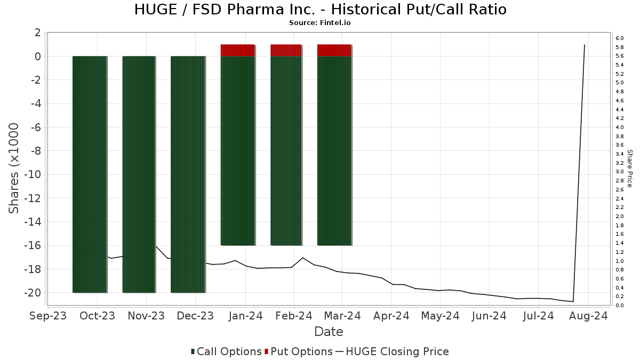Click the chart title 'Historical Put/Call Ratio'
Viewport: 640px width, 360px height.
320,10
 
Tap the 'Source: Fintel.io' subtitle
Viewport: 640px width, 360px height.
320,23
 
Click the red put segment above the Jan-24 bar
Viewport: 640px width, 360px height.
237,50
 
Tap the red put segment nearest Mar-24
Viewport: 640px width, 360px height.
334,50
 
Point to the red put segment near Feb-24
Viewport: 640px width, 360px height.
286,50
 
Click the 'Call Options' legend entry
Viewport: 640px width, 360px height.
226,351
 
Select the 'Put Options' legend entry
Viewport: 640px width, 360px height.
298,351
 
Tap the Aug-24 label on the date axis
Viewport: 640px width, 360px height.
588,316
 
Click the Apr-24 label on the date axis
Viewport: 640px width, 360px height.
391,316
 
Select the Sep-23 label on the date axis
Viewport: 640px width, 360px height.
49,316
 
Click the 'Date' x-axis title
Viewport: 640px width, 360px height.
329,332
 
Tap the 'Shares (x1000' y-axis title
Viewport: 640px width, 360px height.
14,168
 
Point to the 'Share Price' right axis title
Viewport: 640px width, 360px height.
629,168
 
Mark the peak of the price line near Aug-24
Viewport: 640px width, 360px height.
585,45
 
